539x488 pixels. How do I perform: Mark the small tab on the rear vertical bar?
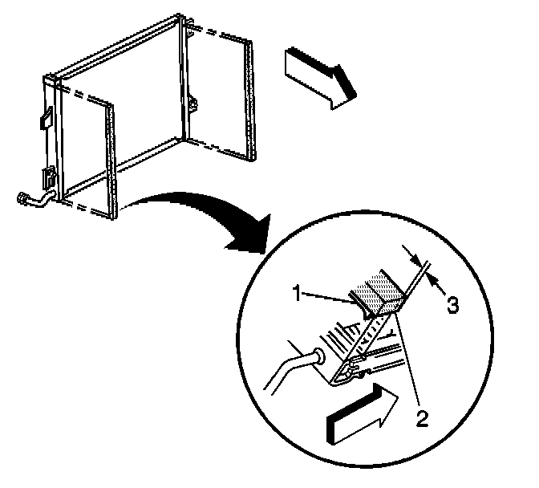193,104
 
